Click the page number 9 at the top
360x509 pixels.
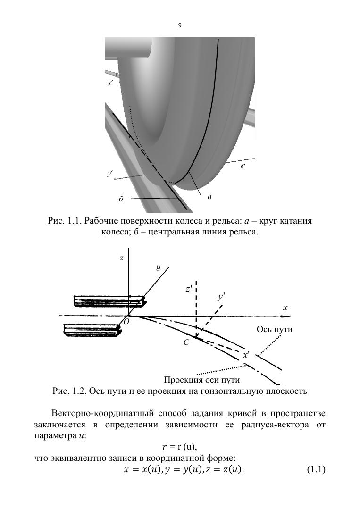pos(180,25)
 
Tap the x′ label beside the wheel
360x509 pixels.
pos(110,83)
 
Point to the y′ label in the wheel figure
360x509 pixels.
pos(110,174)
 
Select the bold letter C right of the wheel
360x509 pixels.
pos(243,166)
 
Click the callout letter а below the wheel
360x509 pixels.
pos(209,197)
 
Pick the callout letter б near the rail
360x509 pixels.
pos(121,199)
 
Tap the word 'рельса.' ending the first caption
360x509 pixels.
pos(244,232)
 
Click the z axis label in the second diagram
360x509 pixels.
pos(121,258)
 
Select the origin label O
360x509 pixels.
pos(126,321)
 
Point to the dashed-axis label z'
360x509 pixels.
pos(189,289)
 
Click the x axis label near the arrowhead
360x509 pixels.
pos(285,308)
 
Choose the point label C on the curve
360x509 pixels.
pos(186,343)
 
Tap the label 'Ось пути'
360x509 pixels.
pos(274,329)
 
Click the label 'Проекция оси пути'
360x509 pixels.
pos(202,379)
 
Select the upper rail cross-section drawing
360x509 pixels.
pos(109,301)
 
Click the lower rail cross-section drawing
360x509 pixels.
pos(94,330)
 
